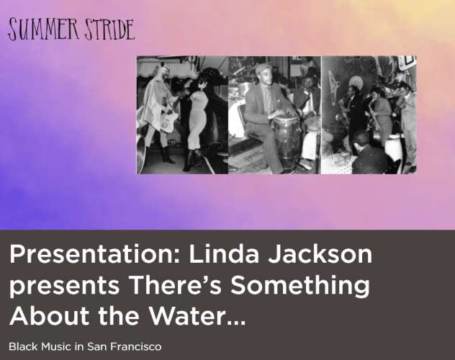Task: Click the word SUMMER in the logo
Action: pyautogui.click(x=43, y=30)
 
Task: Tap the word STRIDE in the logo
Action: pyautogui.click(x=109, y=30)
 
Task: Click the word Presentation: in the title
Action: pyautogui.click(x=95, y=253)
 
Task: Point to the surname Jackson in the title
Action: pyautogui.click(x=320, y=253)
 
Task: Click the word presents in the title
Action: pyautogui.click(x=65, y=285)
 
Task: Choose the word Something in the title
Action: pyautogui.click(x=300, y=285)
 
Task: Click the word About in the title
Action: pyautogui.click(x=50, y=315)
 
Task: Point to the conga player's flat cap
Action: pyautogui.click(x=263, y=68)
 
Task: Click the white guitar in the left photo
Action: pyautogui.click(x=169, y=120)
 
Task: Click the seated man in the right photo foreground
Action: pyautogui.click(x=369, y=154)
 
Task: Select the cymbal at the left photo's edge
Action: pyautogui.click(x=141, y=156)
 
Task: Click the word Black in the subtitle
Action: pyautogui.click(x=24, y=346)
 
